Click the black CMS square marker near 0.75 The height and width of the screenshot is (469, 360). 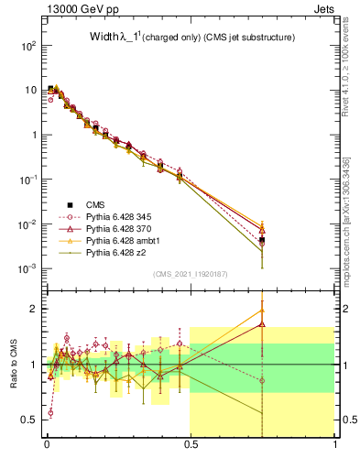click(x=262, y=240)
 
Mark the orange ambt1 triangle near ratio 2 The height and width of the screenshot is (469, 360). click(x=262, y=310)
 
